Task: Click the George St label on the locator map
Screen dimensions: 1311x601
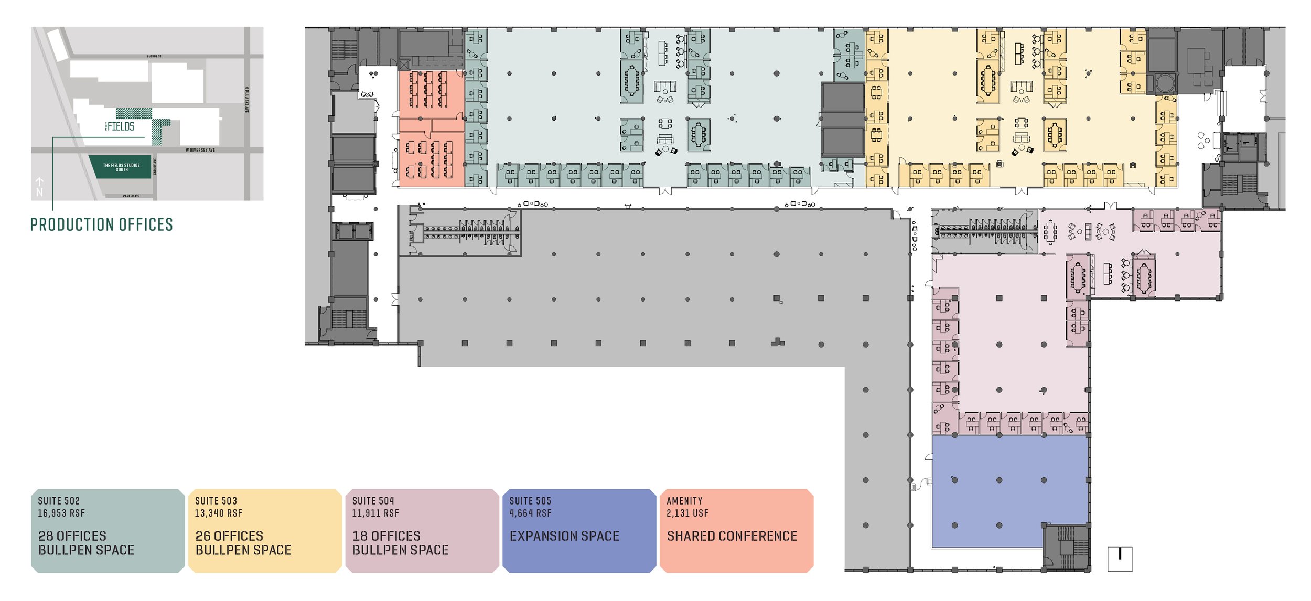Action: (x=154, y=56)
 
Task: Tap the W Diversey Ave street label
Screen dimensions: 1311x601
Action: (x=200, y=150)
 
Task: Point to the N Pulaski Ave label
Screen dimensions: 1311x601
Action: (x=246, y=100)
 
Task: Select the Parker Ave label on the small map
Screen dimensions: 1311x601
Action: (x=131, y=196)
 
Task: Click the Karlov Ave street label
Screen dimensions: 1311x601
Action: (x=155, y=167)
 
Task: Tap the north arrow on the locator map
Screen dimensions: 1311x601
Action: (x=39, y=186)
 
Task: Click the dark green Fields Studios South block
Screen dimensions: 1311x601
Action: (x=121, y=167)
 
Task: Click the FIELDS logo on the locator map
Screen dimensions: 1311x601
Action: (x=120, y=126)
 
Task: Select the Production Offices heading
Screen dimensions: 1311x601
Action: (x=101, y=225)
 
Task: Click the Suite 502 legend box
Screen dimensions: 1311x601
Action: (x=108, y=530)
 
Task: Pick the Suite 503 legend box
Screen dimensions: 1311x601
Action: (x=265, y=530)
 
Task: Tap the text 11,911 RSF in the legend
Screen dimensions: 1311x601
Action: (x=375, y=513)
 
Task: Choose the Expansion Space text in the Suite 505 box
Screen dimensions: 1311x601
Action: (x=564, y=536)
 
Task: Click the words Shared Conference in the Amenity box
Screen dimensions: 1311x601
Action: (x=732, y=536)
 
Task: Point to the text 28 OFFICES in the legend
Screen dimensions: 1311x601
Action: (x=72, y=536)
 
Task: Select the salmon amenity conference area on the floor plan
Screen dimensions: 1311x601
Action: (x=431, y=128)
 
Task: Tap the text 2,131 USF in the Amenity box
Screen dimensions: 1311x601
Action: (x=687, y=513)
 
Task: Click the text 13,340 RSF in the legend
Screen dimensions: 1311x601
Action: (x=218, y=513)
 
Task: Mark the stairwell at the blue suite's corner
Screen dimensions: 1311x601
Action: (x=1066, y=547)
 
